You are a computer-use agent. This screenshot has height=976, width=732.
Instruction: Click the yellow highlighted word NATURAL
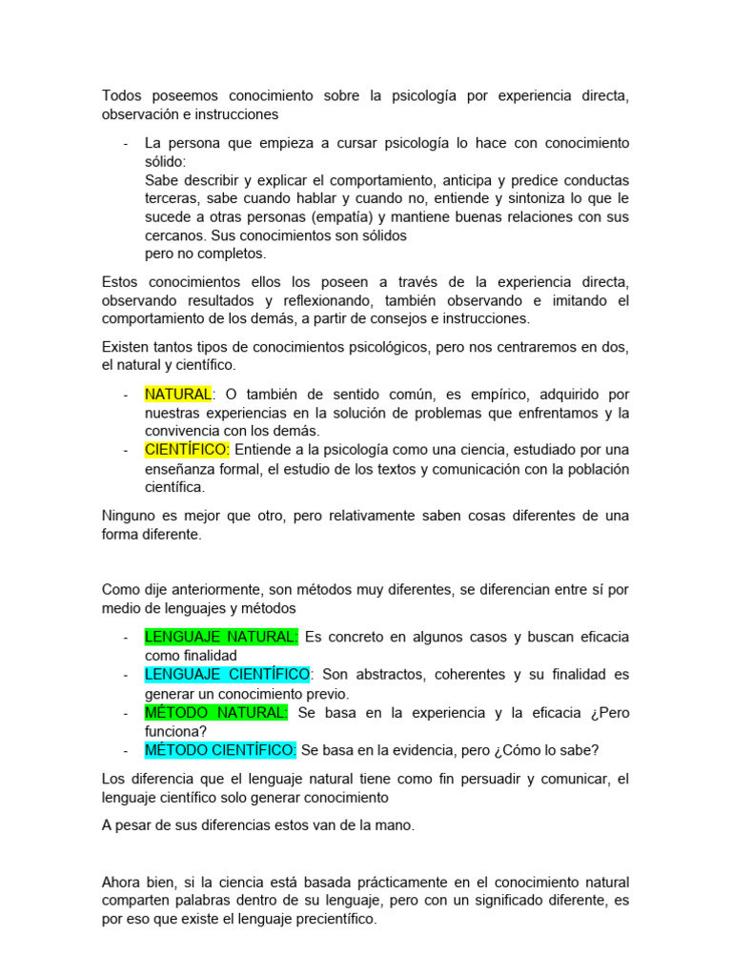coord(177,395)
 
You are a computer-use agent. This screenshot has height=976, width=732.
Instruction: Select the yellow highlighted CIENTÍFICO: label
coord(187,450)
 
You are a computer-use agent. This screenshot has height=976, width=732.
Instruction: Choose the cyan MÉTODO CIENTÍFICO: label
coord(220,750)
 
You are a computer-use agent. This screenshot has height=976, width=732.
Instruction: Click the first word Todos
coord(120,96)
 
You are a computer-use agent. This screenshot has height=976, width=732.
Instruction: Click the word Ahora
coord(122,883)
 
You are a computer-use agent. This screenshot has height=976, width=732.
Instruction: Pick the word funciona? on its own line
coord(175,731)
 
